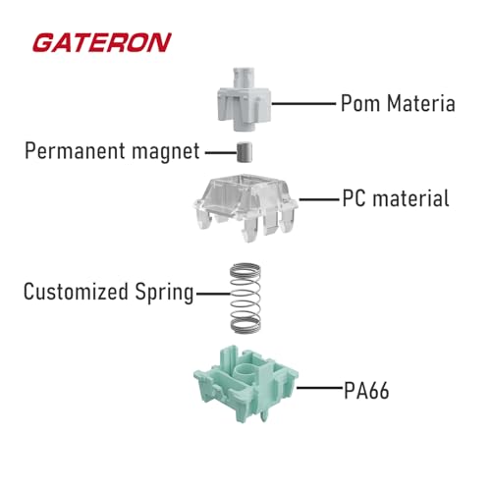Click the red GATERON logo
pyautogui.click(x=102, y=42)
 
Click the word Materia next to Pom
pyautogui.click(x=421, y=103)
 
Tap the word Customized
pyautogui.click(x=76, y=292)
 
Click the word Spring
pyautogui.click(x=164, y=293)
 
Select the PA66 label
pyautogui.click(x=366, y=390)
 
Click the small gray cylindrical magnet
pyautogui.click(x=245, y=152)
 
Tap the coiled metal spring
pyautogui.click(x=245, y=299)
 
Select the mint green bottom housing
pyautogui.click(x=245, y=384)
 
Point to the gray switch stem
pyautogui.click(x=245, y=99)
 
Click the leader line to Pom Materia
pyautogui.click(x=304, y=103)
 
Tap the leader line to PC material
pyautogui.click(x=319, y=198)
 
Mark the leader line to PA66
pyautogui.click(x=320, y=388)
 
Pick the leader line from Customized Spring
pyautogui.click(x=213, y=294)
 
